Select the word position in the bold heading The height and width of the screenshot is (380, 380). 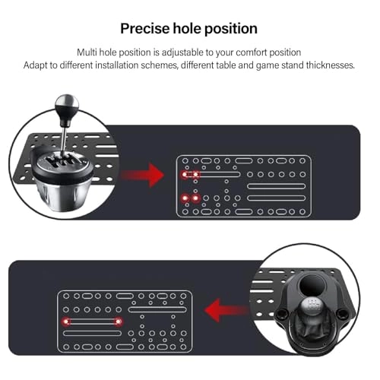pyautogui.click(x=231, y=29)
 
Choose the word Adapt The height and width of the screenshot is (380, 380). pyautogui.click(x=38, y=65)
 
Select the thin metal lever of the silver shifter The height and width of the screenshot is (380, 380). pyautogui.click(x=67, y=133)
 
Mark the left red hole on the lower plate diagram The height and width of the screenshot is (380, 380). pyautogui.click(x=64, y=321)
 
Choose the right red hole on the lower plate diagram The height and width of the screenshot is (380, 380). pyautogui.click(x=119, y=321)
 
